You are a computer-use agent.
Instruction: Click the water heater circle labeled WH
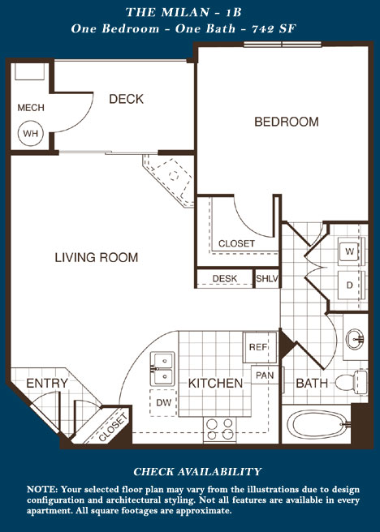[x=31, y=133]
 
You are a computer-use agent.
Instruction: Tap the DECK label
[x=127, y=99]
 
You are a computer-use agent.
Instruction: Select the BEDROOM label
[x=287, y=122]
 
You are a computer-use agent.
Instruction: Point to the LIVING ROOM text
[x=97, y=257]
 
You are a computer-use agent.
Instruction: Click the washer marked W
[x=350, y=251]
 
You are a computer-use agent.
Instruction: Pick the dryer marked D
[x=350, y=285]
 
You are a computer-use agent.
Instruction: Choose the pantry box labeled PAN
[x=265, y=375]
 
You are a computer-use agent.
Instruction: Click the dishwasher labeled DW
[x=163, y=403]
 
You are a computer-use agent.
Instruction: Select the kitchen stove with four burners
[x=220, y=430]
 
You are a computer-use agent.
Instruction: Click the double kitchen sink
[x=162, y=369]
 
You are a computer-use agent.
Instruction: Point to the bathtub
[x=318, y=424]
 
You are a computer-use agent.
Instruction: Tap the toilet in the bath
[x=352, y=382]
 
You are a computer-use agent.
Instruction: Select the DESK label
[x=224, y=278]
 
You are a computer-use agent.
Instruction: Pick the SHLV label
[x=267, y=278]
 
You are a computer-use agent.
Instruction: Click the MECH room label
[x=31, y=108]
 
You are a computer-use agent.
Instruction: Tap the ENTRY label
[x=47, y=384]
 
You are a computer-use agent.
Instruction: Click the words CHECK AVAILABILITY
[x=197, y=472]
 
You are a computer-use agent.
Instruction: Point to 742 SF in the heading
[x=274, y=28]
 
